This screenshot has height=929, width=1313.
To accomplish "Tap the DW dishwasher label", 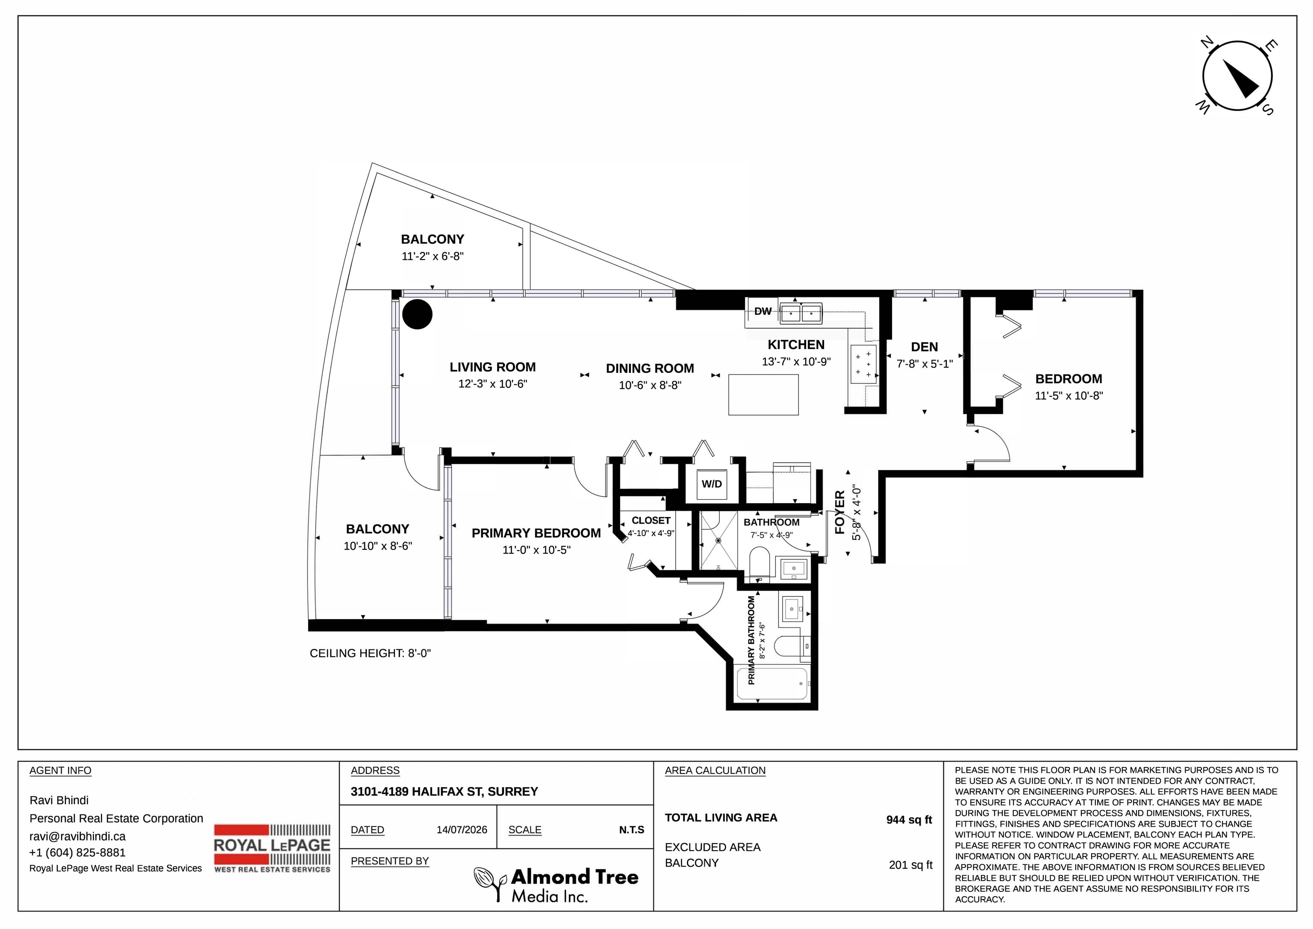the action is point(763,311).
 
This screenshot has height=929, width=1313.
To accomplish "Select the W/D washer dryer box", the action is point(712,484).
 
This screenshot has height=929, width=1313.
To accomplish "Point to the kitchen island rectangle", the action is point(763,395).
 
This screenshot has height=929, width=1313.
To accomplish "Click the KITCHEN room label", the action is point(796,345).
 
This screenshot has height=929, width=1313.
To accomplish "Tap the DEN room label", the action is point(924,347).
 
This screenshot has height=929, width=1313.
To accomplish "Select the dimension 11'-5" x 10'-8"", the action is point(1069,395).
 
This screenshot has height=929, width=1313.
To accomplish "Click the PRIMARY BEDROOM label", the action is point(536,533).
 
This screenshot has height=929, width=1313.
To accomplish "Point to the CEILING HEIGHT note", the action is point(370,653).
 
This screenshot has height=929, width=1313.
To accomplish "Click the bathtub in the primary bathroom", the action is point(772,684).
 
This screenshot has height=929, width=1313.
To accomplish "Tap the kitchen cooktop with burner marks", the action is point(863,364).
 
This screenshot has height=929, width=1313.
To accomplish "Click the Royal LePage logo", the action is point(272,848).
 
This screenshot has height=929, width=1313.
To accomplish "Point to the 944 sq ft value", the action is point(909,820).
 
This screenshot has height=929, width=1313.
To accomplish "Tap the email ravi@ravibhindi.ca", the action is point(77,836).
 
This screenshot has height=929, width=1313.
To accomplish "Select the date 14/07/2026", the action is point(462,829).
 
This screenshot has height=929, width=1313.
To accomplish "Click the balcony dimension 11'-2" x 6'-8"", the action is point(433,256).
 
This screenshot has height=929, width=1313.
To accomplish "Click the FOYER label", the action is point(839,512).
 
